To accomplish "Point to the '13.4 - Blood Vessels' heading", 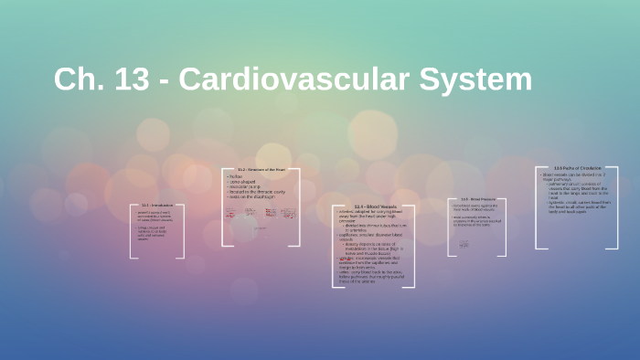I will [372, 206].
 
